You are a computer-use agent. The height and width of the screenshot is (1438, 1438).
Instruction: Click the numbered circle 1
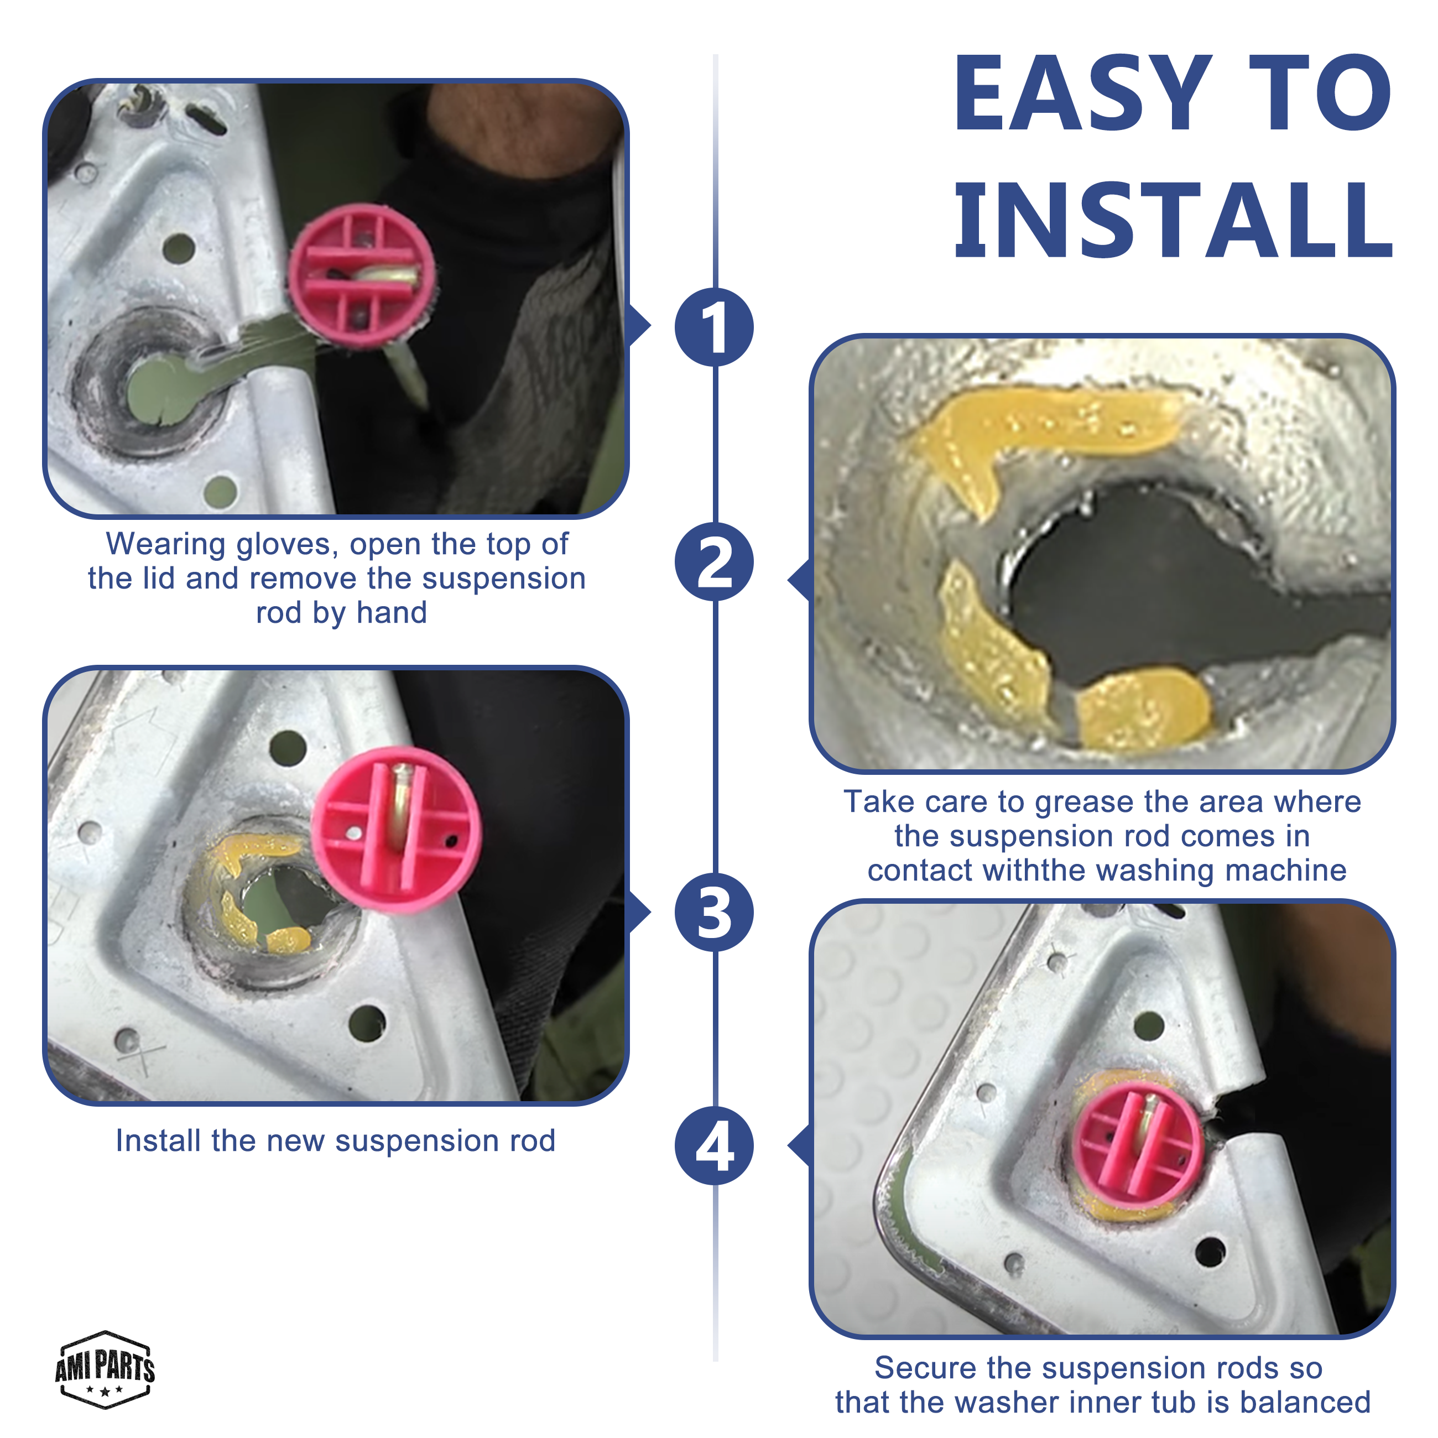click(714, 327)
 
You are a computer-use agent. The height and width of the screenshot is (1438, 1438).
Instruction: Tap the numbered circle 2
click(714, 561)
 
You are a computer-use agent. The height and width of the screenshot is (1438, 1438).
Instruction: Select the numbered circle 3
click(714, 912)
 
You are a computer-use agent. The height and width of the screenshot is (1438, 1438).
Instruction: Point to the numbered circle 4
click(714, 1146)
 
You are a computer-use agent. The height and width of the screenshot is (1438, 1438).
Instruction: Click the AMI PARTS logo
click(105, 1369)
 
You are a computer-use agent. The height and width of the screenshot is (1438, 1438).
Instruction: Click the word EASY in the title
click(1083, 95)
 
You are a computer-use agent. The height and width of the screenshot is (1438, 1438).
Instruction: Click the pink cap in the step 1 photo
click(362, 276)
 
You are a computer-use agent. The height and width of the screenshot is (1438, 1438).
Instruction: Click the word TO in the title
click(1320, 95)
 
